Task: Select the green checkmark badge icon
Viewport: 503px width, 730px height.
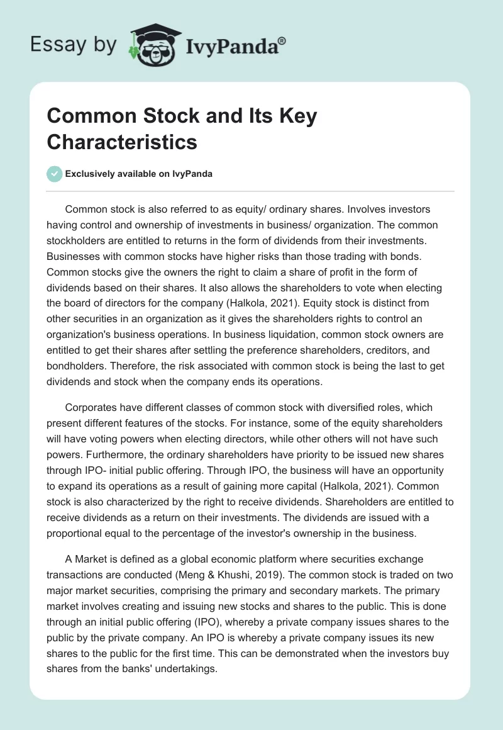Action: coord(55,174)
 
